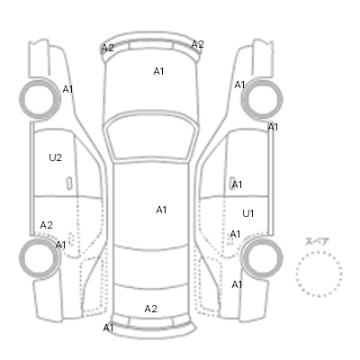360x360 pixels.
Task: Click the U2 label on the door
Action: click(x=55, y=157)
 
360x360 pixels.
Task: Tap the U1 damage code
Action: click(x=248, y=213)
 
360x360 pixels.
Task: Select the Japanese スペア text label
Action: click(x=317, y=241)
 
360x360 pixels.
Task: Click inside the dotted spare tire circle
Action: click(x=319, y=274)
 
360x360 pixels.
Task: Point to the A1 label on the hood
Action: click(x=158, y=71)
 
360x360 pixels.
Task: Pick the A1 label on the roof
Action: click(x=161, y=210)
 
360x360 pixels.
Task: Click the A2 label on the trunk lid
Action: click(x=150, y=309)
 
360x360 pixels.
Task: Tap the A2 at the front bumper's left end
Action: click(x=107, y=48)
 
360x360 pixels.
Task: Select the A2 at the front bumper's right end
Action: click(x=198, y=44)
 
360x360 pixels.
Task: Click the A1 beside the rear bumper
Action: click(x=108, y=328)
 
